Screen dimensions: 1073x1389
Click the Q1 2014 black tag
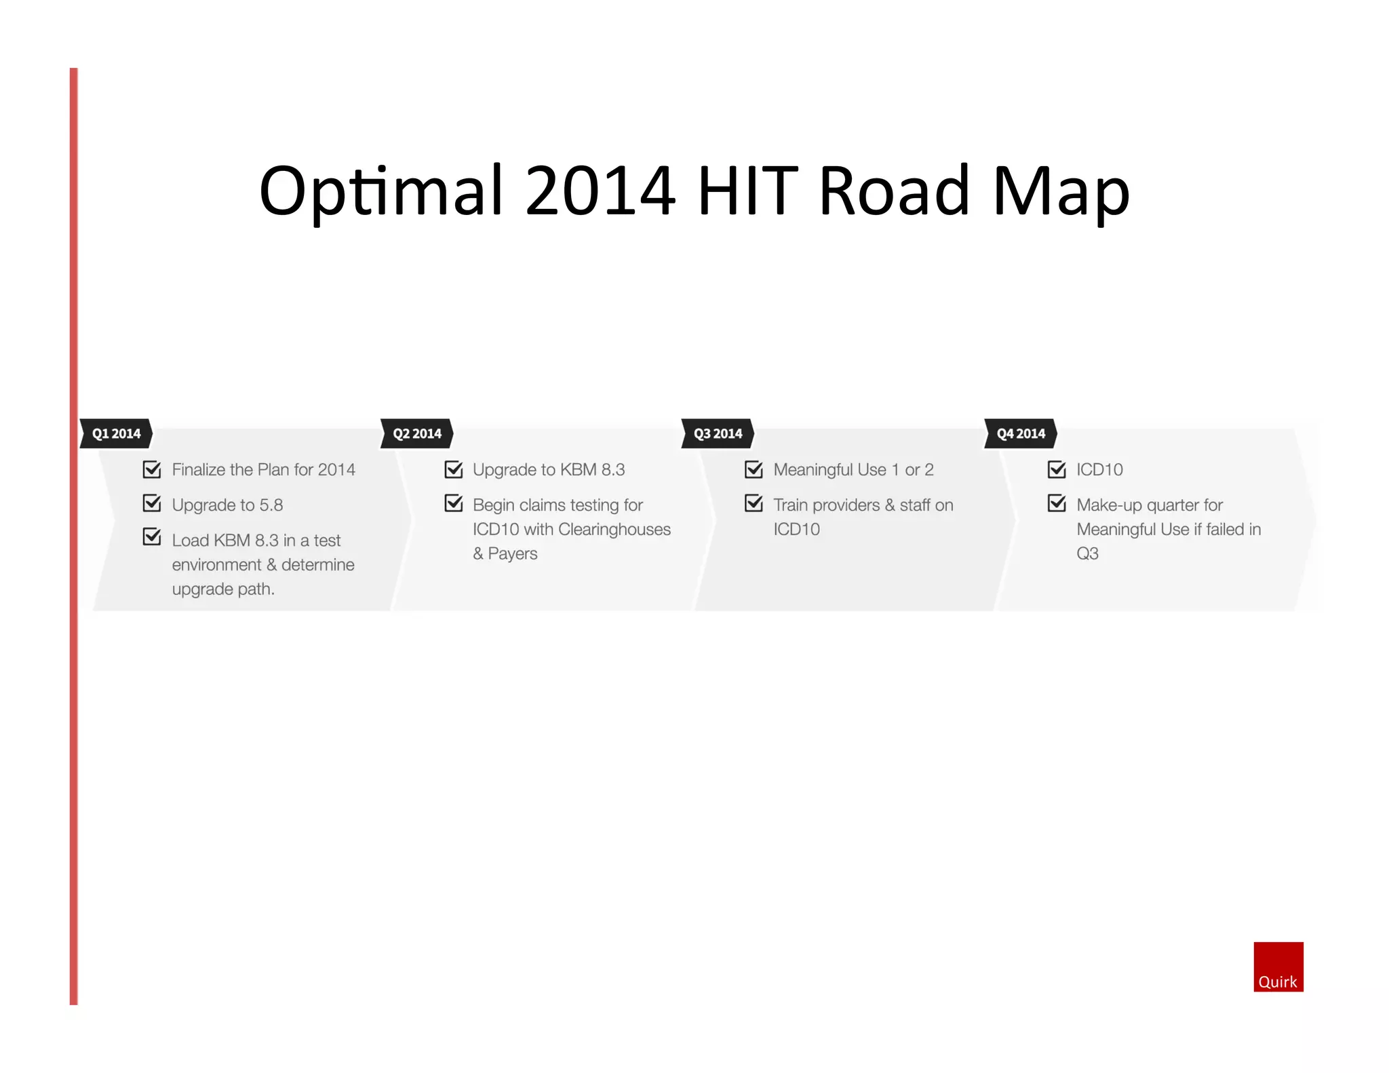(x=116, y=433)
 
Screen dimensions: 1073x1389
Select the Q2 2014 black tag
(x=416, y=433)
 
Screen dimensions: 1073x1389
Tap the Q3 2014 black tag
(x=718, y=433)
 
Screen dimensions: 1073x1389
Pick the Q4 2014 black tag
(x=1021, y=433)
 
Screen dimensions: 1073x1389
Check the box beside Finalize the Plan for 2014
(x=152, y=469)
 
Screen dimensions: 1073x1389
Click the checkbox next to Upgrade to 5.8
(x=152, y=504)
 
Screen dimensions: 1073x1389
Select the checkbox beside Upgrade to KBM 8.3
(x=453, y=469)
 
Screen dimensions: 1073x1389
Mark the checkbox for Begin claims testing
(x=453, y=504)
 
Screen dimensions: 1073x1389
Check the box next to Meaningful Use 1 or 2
(x=754, y=469)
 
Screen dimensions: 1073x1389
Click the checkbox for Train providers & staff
(x=754, y=504)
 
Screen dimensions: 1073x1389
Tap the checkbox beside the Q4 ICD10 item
(x=1057, y=469)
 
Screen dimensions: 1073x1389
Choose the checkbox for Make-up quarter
(x=1057, y=504)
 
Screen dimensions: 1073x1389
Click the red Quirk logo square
(x=1278, y=967)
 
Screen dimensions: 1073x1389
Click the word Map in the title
(x=1061, y=192)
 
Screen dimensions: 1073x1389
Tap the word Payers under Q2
(x=513, y=554)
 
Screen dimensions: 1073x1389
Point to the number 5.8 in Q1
(x=271, y=505)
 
